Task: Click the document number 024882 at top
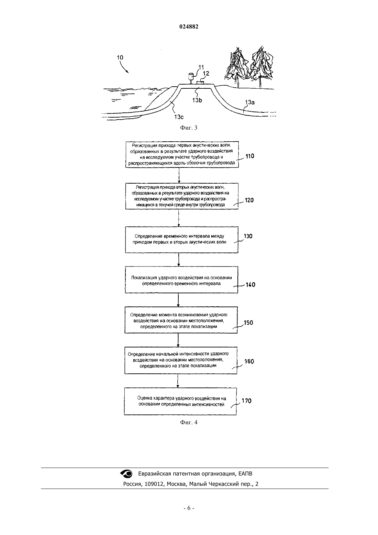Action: (x=189, y=26)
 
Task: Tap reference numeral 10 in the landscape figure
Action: (x=120, y=57)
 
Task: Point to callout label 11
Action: (x=201, y=67)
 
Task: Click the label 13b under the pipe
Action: (x=197, y=100)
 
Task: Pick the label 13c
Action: (x=179, y=117)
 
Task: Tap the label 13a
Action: (x=249, y=102)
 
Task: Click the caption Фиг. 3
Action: (x=189, y=128)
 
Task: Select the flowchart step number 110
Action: (x=250, y=156)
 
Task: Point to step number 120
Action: (x=249, y=200)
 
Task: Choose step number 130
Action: (x=248, y=236)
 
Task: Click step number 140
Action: (x=251, y=285)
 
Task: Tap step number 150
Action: (x=248, y=323)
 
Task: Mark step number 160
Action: (x=249, y=361)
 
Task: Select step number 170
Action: (x=246, y=401)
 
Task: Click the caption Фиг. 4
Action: (x=189, y=422)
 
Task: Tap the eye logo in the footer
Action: (x=126, y=473)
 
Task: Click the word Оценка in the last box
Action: (x=145, y=398)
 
